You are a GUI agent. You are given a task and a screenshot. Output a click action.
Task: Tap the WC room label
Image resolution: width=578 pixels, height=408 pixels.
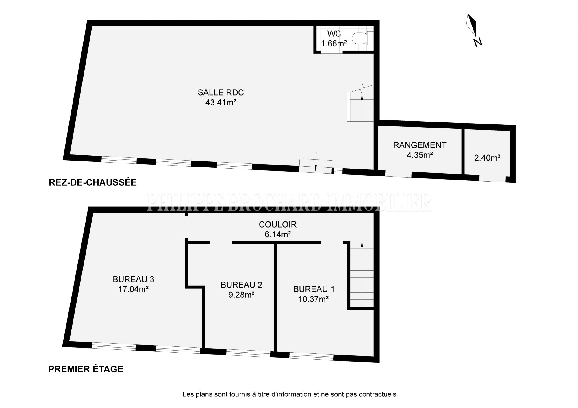(x=334, y=34)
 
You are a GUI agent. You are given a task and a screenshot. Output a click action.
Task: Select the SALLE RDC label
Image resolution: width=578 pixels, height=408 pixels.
(x=221, y=92)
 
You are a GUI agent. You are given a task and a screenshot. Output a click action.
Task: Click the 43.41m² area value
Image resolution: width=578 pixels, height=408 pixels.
(x=221, y=102)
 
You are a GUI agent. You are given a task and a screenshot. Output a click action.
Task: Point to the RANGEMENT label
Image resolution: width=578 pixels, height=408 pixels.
(x=420, y=145)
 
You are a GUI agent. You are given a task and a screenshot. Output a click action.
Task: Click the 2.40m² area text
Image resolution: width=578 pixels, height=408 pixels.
(x=487, y=158)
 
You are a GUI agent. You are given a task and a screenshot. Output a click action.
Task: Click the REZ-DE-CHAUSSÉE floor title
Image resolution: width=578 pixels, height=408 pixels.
(x=93, y=182)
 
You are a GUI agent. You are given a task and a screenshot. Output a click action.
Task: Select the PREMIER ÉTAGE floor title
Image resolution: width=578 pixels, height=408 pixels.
(x=86, y=369)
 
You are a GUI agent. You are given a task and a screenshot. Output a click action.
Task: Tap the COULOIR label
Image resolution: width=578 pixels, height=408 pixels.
(x=278, y=224)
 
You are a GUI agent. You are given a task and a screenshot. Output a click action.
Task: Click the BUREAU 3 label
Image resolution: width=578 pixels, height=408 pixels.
(x=134, y=279)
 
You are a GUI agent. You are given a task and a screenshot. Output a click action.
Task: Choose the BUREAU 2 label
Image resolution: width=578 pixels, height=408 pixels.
(x=241, y=285)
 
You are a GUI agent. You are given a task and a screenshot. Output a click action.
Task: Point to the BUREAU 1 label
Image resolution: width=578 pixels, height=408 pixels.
(x=314, y=289)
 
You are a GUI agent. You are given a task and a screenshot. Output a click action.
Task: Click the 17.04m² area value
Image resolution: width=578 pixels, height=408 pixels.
(x=134, y=289)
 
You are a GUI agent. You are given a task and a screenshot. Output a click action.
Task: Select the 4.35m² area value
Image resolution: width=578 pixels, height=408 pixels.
(x=420, y=155)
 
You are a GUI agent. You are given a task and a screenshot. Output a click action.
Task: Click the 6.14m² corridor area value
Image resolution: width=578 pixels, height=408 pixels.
(x=278, y=234)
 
